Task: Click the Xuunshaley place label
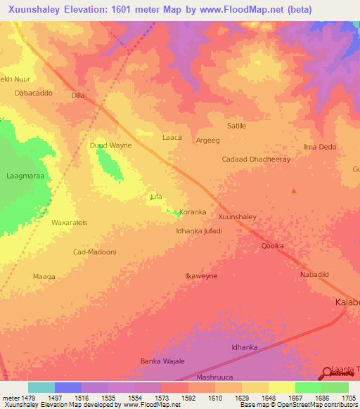(237, 217)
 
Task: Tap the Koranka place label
(193, 212)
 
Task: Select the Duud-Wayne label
(110, 145)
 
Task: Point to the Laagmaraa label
(25, 176)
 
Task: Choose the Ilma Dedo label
(319, 147)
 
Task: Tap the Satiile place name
(236, 126)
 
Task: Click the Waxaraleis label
(69, 223)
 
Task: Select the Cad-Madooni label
(94, 252)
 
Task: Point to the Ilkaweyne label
(200, 276)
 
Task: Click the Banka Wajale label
(162, 361)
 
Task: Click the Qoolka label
(272, 246)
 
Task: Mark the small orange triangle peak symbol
(294, 190)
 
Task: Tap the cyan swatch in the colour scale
(41, 387)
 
